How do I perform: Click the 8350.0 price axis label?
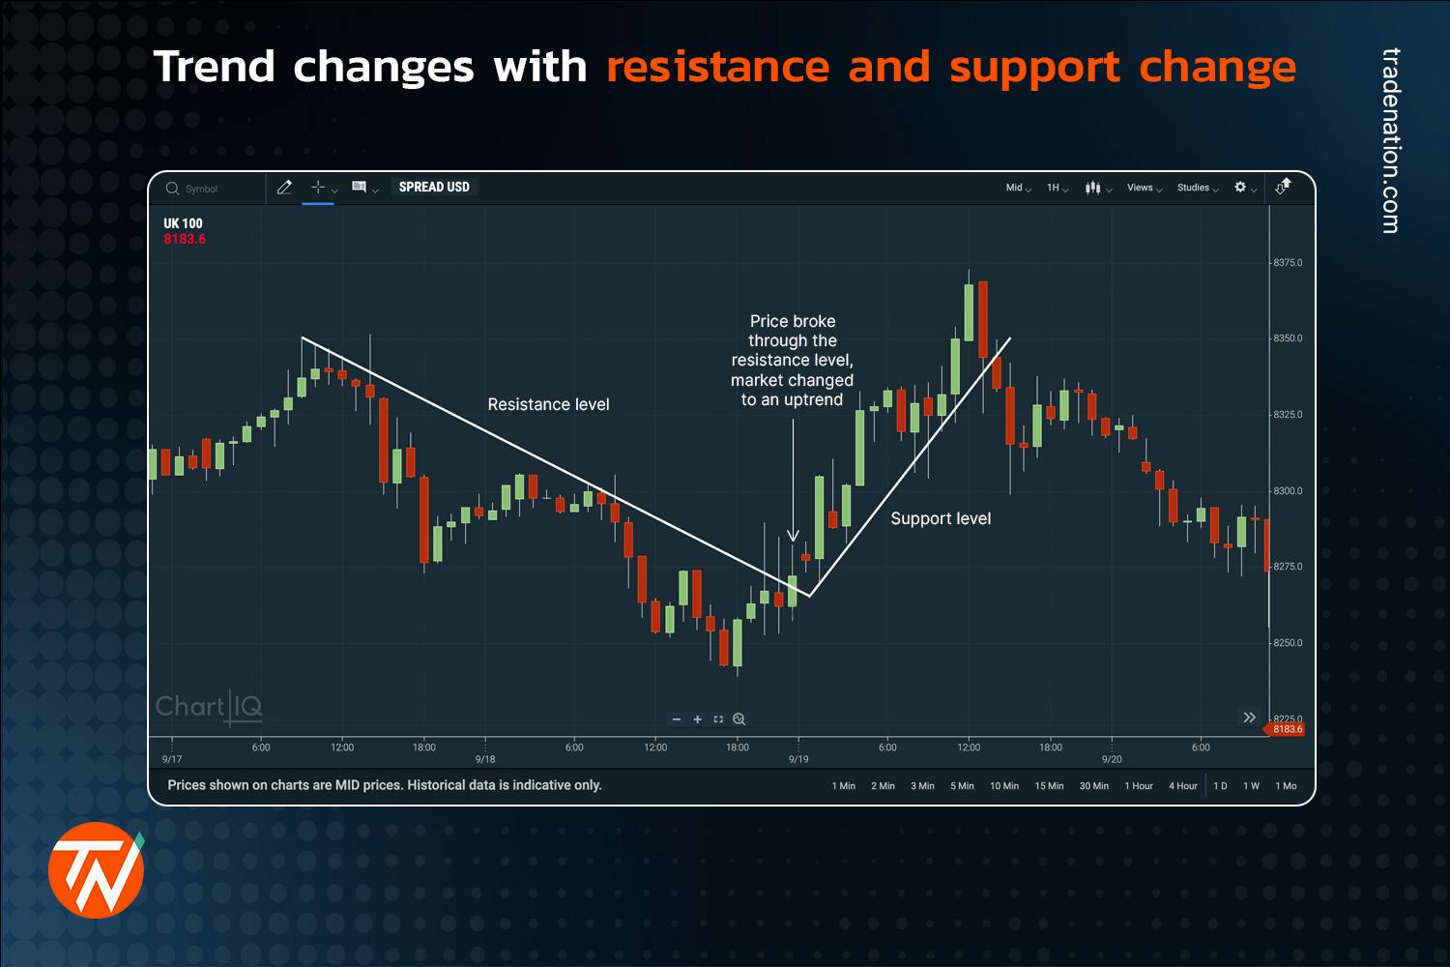tap(1288, 338)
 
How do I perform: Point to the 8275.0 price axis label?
tap(1288, 567)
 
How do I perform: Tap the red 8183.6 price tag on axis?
tap(1287, 729)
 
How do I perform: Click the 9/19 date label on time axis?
tap(798, 759)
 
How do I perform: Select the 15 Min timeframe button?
tap(1049, 786)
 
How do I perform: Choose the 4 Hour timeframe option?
tap(1182, 786)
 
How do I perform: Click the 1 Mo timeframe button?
tap(1286, 786)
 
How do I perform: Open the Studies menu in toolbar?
tap(1197, 188)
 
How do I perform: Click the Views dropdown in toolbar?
tap(1144, 188)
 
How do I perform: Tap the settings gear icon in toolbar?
tap(1241, 188)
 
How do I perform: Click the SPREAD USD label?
tap(434, 188)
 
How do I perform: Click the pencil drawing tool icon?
tap(284, 188)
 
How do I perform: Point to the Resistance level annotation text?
tap(548, 404)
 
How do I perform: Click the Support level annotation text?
tap(941, 518)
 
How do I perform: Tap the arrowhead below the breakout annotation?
tap(793, 535)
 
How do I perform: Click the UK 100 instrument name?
tap(183, 223)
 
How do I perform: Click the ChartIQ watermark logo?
tap(209, 707)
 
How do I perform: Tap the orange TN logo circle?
tap(96, 870)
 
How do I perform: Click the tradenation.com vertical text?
tap(1390, 141)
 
